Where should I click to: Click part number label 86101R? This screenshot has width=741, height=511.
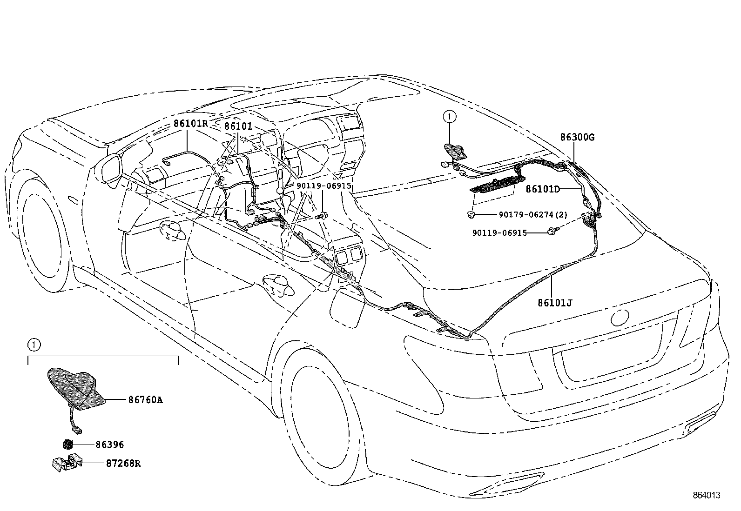(x=190, y=124)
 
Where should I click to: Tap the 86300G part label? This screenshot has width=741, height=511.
(x=577, y=137)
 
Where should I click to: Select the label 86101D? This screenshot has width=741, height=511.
(x=543, y=189)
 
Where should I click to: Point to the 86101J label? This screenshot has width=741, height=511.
(x=555, y=303)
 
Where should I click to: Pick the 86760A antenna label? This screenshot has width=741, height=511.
(x=145, y=399)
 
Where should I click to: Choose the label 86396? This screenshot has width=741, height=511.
(x=110, y=445)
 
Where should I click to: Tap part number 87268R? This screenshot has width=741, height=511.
(x=118, y=464)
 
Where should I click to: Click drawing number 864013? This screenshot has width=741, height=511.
(x=707, y=495)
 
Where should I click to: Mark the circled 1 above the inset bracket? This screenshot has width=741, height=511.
(x=33, y=345)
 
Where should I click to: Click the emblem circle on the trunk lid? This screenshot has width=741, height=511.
(x=620, y=318)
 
